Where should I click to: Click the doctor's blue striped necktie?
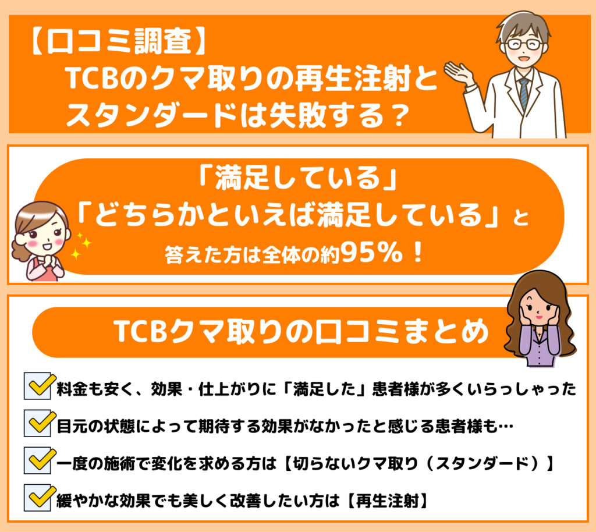(x=524, y=94)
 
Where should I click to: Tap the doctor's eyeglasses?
(x=524, y=44)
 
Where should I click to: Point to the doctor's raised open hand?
(x=459, y=72)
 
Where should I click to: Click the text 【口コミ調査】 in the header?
(x=118, y=41)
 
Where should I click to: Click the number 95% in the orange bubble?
(x=371, y=252)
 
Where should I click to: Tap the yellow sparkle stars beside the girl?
(x=81, y=246)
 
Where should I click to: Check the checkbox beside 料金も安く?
(x=38, y=386)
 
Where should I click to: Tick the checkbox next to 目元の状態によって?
(x=38, y=423)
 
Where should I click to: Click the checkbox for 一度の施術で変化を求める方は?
(x=38, y=460)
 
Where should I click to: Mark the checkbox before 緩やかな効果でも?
(x=38, y=498)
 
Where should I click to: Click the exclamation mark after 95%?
(x=418, y=253)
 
